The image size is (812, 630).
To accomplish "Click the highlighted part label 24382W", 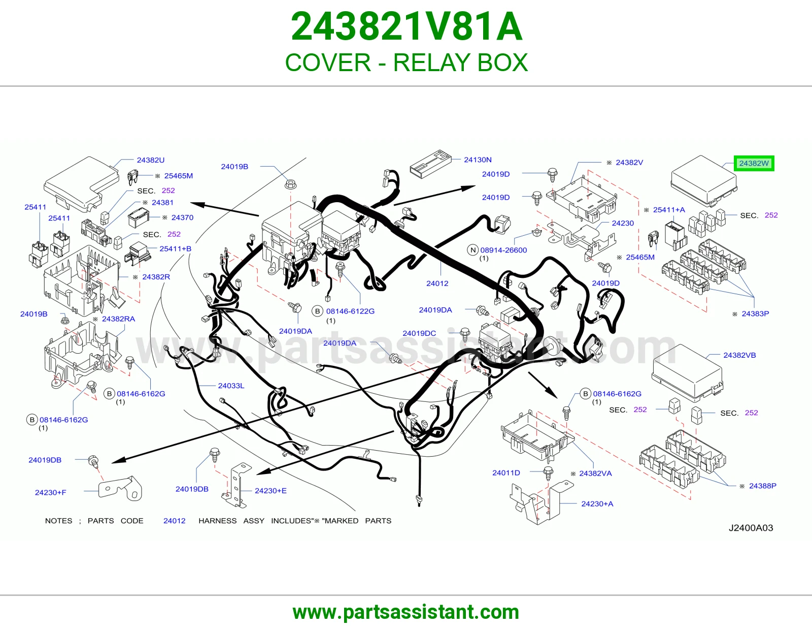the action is tap(754, 163).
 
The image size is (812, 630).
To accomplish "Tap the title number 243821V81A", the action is tap(407, 26).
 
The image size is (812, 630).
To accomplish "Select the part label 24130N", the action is tap(478, 160).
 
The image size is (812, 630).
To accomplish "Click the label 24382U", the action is tap(151, 160).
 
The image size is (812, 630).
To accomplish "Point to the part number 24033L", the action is tap(231, 386).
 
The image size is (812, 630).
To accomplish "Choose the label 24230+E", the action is tap(270, 491).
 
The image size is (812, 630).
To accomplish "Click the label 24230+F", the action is tap(50, 493).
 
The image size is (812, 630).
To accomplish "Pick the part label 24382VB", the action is tap(739, 355).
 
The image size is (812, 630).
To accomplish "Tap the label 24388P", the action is tap(763, 486).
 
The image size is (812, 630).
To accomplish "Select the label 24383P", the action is tap(755, 314).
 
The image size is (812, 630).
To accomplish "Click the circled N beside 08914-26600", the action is tap(473, 250).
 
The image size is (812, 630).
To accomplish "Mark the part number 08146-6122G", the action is tap(350, 311).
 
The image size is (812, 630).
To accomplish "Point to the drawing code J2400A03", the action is tap(751, 528).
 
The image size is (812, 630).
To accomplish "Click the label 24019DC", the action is tap(419, 333).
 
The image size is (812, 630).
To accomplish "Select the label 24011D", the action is tap(506, 473).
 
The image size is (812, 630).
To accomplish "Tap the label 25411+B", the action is tap(175, 249).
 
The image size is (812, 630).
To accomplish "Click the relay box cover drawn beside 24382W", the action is tap(704, 181).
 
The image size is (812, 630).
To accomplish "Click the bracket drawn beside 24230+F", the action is tap(120, 488).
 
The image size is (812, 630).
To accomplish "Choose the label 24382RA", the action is tap(118, 319).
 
